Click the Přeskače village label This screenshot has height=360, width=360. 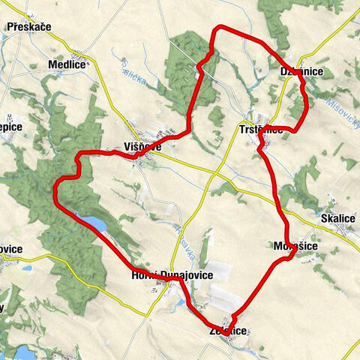28,27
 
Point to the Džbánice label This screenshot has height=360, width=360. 301,70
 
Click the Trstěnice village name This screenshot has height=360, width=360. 261,129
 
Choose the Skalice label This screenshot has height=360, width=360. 337,218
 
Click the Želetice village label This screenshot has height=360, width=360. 228,331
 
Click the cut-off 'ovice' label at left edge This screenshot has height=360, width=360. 11,249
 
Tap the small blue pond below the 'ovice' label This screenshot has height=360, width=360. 27,268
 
